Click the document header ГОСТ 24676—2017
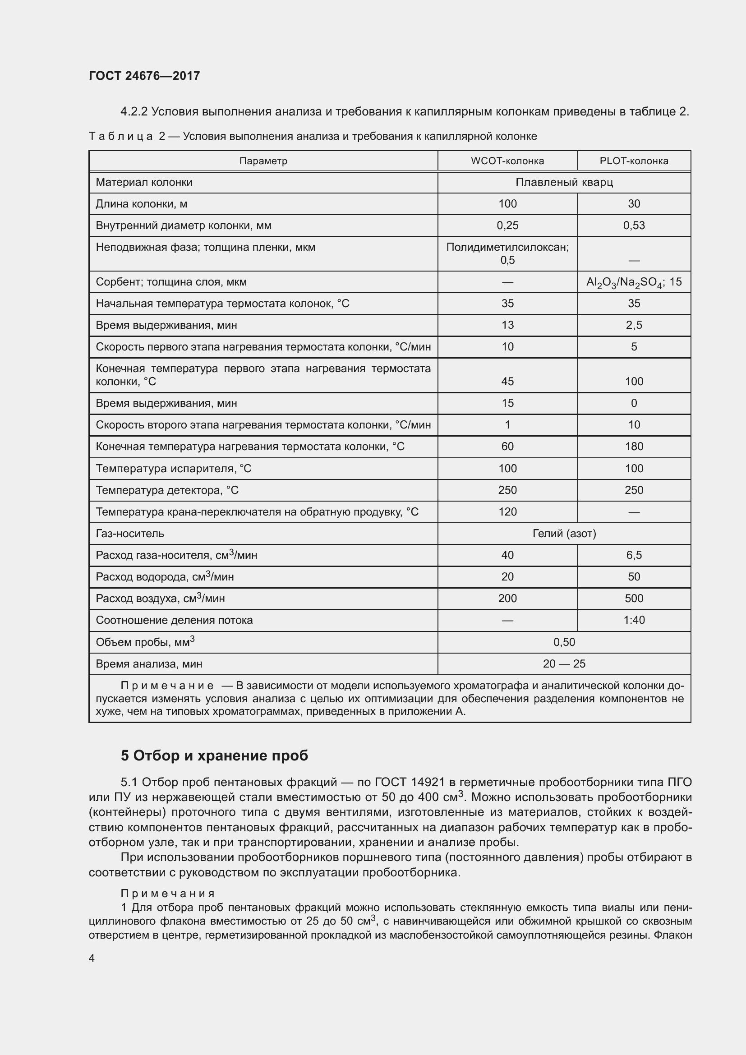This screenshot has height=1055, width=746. point(144,76)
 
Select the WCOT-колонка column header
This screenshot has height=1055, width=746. point(507,161)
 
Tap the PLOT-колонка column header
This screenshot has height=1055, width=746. point(633,161)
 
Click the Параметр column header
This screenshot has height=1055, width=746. point(263,161)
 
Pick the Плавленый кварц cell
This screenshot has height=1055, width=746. point(564,182)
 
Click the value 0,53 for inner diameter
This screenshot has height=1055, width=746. point(633,226)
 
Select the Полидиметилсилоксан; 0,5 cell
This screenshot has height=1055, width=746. point(507,253)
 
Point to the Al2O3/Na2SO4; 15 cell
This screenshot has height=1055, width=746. point(633,282)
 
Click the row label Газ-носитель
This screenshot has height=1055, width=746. point(130,534)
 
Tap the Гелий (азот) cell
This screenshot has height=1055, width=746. point(564,534)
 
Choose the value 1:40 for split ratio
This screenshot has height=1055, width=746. point(633,620)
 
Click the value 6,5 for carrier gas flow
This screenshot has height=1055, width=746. point(633,555)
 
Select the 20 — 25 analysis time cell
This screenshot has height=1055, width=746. point(564,664)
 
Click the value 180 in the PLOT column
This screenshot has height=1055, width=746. point(633,447)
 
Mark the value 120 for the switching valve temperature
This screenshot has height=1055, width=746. point(507,512)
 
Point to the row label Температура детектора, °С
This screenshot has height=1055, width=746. point(167,490)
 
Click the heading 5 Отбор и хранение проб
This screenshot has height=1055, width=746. point(214,756)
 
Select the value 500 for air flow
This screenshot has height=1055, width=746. point(633,599)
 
